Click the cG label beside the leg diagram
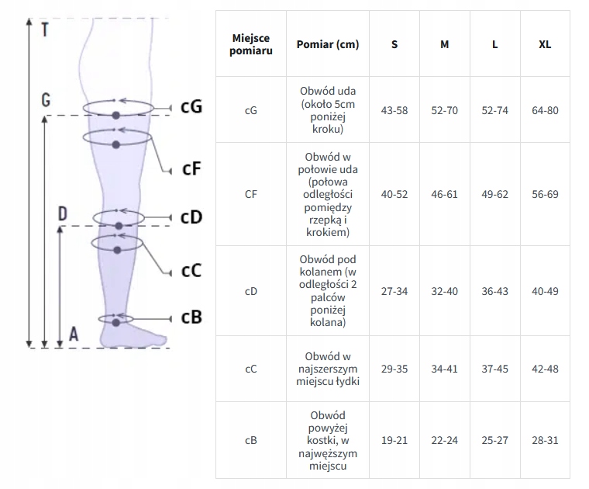(191, 106)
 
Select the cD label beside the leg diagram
(191, 217)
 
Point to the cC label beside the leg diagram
(191, 270)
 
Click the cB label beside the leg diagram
(191, 317)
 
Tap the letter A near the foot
(74, 334)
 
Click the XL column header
(545, 44)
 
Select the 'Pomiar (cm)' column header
(328, 44)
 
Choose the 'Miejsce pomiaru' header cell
(251, 44)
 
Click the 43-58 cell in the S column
(394, 110)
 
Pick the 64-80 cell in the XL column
(545, 110)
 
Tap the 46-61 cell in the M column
(445, 194)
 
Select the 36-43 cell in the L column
(495, 291)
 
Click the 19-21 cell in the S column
(394, 440)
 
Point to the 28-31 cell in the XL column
(545, 440)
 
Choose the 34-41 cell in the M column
(445, 369)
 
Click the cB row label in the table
(251, 440)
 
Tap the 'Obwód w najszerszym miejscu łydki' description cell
(328, 369)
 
